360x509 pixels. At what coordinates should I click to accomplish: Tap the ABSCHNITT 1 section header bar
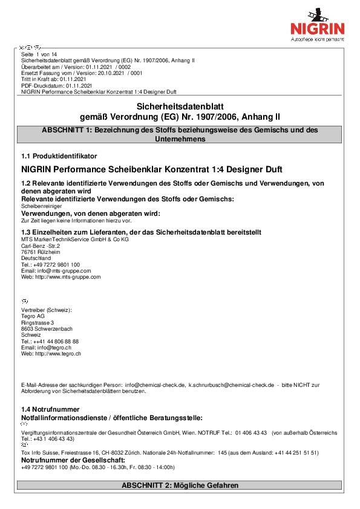(180, 134)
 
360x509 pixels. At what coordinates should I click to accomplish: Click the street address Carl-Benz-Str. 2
(41, 246)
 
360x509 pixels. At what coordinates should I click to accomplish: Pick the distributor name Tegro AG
(33, 316)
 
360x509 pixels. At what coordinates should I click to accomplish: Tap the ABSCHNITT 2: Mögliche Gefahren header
(180, 485)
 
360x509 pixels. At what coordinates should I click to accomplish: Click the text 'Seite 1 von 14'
(39, 54)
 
